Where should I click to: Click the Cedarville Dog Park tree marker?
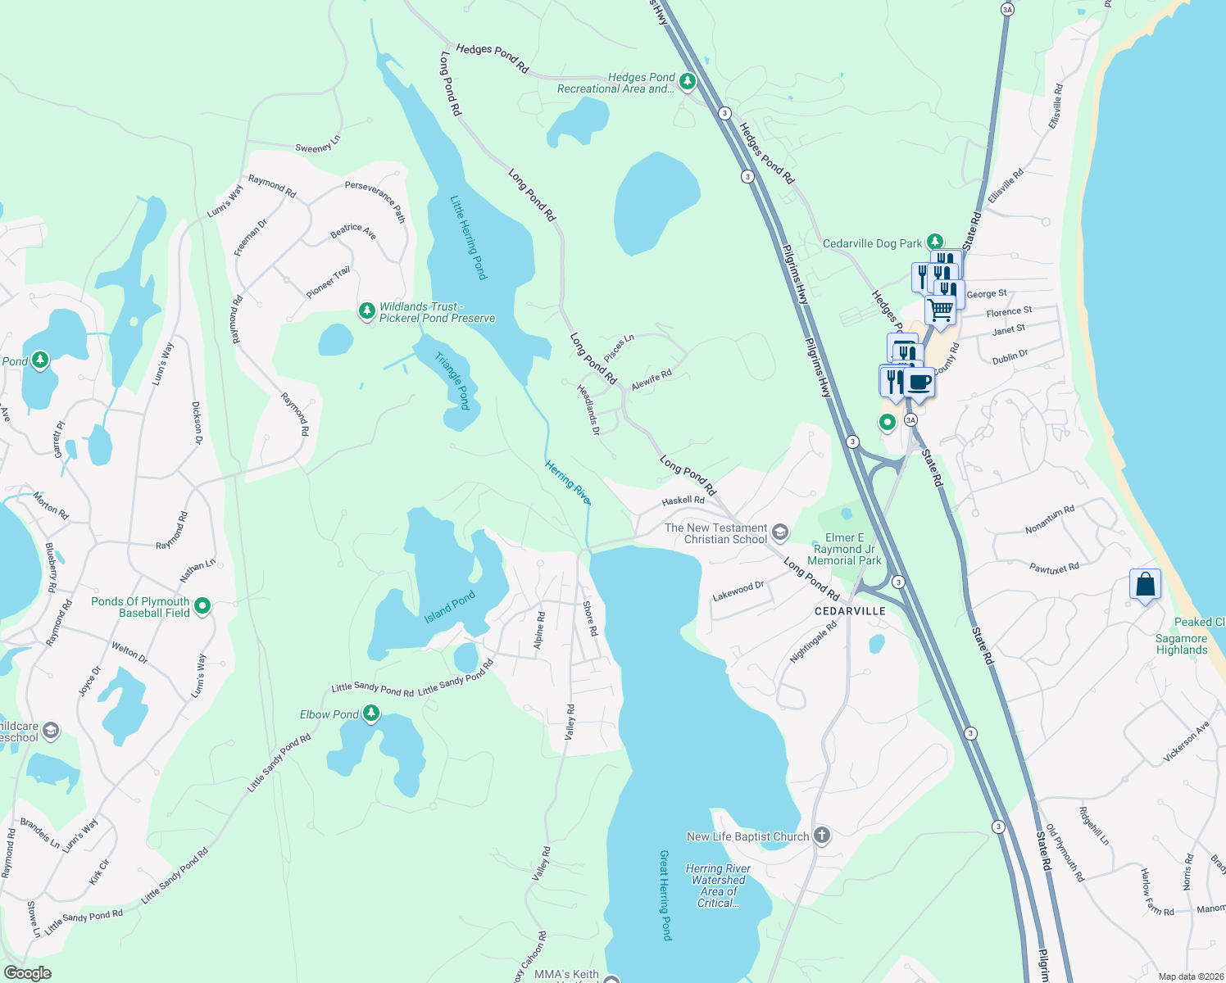pos(935,242)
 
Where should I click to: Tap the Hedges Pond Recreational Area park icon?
pos(688,81)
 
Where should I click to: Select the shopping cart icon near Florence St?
pos(940,310)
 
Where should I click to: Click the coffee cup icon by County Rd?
pos(919,382)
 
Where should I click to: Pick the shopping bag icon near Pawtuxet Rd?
pos(1145,585)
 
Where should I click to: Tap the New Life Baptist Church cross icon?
pos(822,836)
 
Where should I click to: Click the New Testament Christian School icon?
pos(780,533)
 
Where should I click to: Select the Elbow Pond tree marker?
pos(371,713)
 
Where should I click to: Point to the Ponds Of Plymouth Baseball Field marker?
pos(202,606)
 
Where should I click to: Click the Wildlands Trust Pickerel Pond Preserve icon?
pos(366,311)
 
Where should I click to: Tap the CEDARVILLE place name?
pos(850,611)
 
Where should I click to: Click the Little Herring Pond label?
pos(469,238)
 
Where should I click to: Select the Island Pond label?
pos(449,607)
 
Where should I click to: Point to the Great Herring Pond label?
pos(665,895)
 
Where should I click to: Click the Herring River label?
pos(568,482)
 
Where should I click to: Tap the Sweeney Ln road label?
pos(318,145)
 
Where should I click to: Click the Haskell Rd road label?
pos(683,501)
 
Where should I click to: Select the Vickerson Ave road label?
pos(1186,743)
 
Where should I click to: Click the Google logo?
pos(28,973)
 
